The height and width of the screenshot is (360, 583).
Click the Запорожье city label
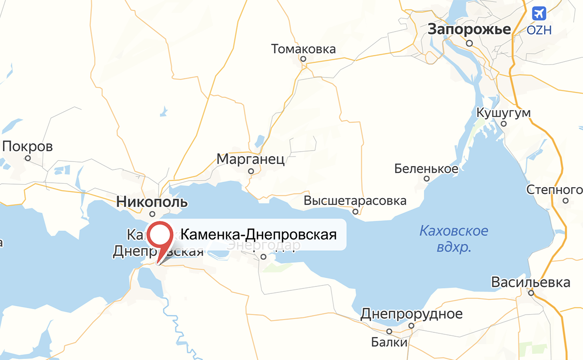[469, 29]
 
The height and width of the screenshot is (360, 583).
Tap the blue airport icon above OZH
[539, 13]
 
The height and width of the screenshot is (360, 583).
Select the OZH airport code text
[539, 30]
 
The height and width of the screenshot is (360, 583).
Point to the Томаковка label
[303, 49]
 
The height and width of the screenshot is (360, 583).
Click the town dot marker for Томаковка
[304, 59]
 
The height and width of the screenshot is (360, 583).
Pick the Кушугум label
[503, 113]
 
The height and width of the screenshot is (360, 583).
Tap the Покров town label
[28, 147]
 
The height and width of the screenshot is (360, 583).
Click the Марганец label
[250, 160]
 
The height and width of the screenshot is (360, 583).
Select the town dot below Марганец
[251, 171]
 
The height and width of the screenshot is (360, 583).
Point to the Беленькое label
[426, 169]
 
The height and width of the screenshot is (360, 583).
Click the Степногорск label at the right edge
[554, 190]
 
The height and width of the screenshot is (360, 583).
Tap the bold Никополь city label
[152, 201]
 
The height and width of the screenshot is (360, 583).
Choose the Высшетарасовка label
[355, 201]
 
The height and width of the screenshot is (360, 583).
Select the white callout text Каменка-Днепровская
[258, 234]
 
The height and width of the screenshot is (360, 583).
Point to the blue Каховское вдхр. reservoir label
[454, 239]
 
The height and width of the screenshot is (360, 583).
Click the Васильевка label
[531, 282]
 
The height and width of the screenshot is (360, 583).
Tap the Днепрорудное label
[412, 314]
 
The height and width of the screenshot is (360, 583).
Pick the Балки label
[390, 342]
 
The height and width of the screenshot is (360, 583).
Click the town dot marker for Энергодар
[264, 256]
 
